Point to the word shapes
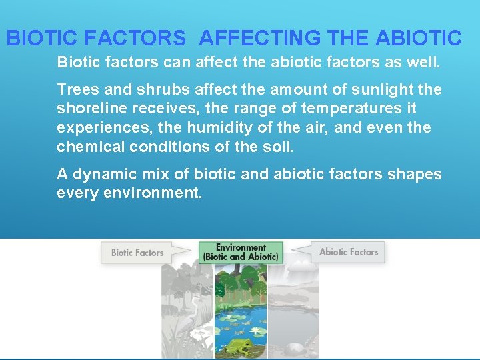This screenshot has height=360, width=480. tap(416, 175)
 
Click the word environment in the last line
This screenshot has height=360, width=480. tap(153, 194)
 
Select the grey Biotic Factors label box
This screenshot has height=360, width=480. tap(137, 253)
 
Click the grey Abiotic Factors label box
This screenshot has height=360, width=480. tap(348, 252)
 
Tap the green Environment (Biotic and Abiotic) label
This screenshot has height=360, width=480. tap(241, 252)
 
